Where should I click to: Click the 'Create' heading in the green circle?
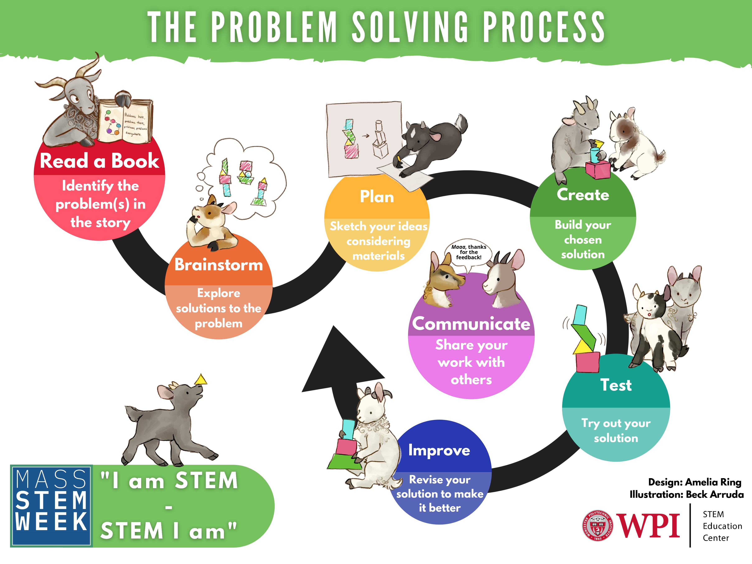pyautogui.click(x=583, y=194)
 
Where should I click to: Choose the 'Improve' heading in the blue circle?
pyautogui.click(x=439, y=450)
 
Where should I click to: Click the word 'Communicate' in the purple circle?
pyautogui.click(x=471, y=323)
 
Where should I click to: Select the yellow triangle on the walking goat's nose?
pyautogui.click(x=201, y=379)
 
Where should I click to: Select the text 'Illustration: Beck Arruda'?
pyautogui.click(x=686, y=494)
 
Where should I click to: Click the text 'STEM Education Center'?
pyautogui.click(x=722, y=526)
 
